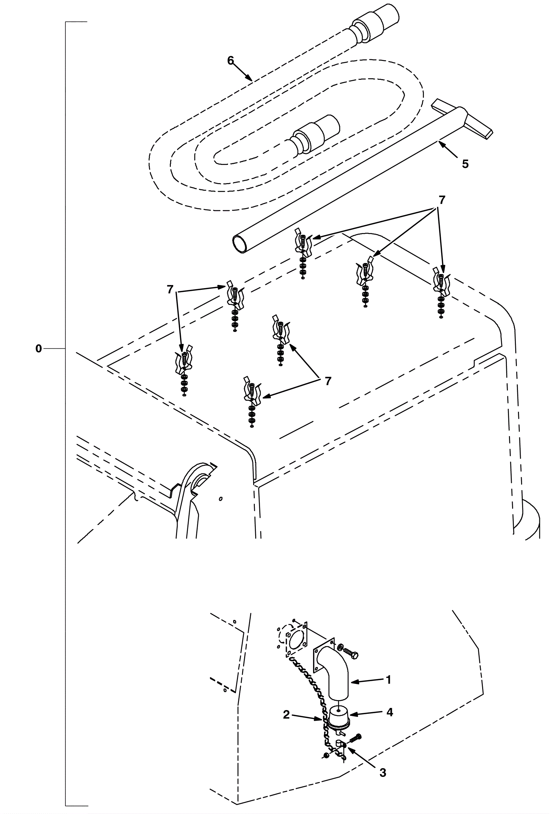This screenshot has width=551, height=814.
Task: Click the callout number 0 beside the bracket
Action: [x=39, y=349]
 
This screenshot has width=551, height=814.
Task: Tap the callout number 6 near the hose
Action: [x=230, y=61]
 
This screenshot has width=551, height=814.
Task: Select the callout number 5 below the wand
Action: [x=465, y=164]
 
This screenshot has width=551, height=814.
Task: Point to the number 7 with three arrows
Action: [x=442, y=200]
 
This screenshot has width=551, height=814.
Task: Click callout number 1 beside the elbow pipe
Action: [x=388, y=680]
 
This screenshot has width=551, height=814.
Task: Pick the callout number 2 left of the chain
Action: [x=287, y=715]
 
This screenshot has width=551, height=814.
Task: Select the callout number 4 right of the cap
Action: [x=390, y=712]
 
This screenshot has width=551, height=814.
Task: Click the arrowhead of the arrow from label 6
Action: [x=249, y=78]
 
